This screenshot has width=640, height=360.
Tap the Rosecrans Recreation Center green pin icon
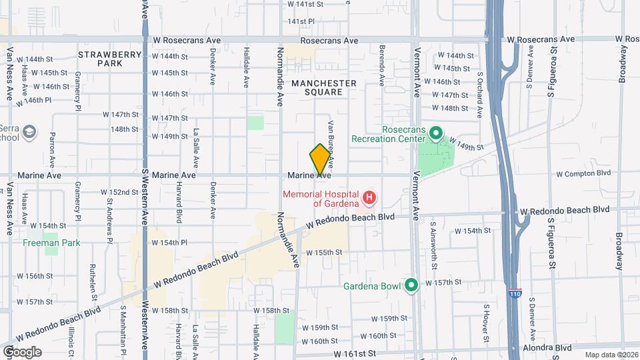coord(436,134)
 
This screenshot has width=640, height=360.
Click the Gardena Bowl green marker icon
coord(411,286)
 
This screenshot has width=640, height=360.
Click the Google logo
coord(21,352)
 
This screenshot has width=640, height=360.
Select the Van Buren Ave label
coord(329,143)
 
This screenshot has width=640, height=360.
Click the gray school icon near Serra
coord(29,132)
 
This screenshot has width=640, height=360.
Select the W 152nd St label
coord(119,192)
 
